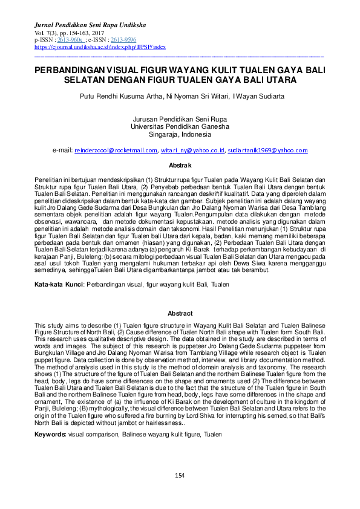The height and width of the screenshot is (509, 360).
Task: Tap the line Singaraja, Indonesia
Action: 180,134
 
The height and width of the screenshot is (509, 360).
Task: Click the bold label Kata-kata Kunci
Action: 58,284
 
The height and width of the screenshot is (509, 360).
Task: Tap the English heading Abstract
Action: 180,314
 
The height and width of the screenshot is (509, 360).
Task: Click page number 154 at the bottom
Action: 180,477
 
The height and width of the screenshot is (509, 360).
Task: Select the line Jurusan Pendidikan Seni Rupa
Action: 180,120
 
